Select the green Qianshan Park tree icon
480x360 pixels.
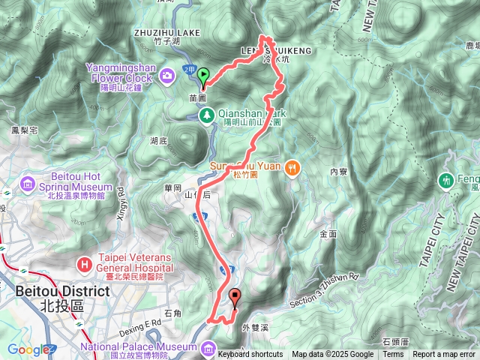[206, 114]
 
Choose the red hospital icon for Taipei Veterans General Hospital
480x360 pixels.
[85, 264]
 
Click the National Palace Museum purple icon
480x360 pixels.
[206, 347]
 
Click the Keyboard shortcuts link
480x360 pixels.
[250, 355]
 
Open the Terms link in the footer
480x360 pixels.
[393, 355]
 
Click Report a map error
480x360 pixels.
[445, 355]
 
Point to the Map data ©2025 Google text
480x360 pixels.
[332, 355]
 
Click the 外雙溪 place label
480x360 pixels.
[255, 327]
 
